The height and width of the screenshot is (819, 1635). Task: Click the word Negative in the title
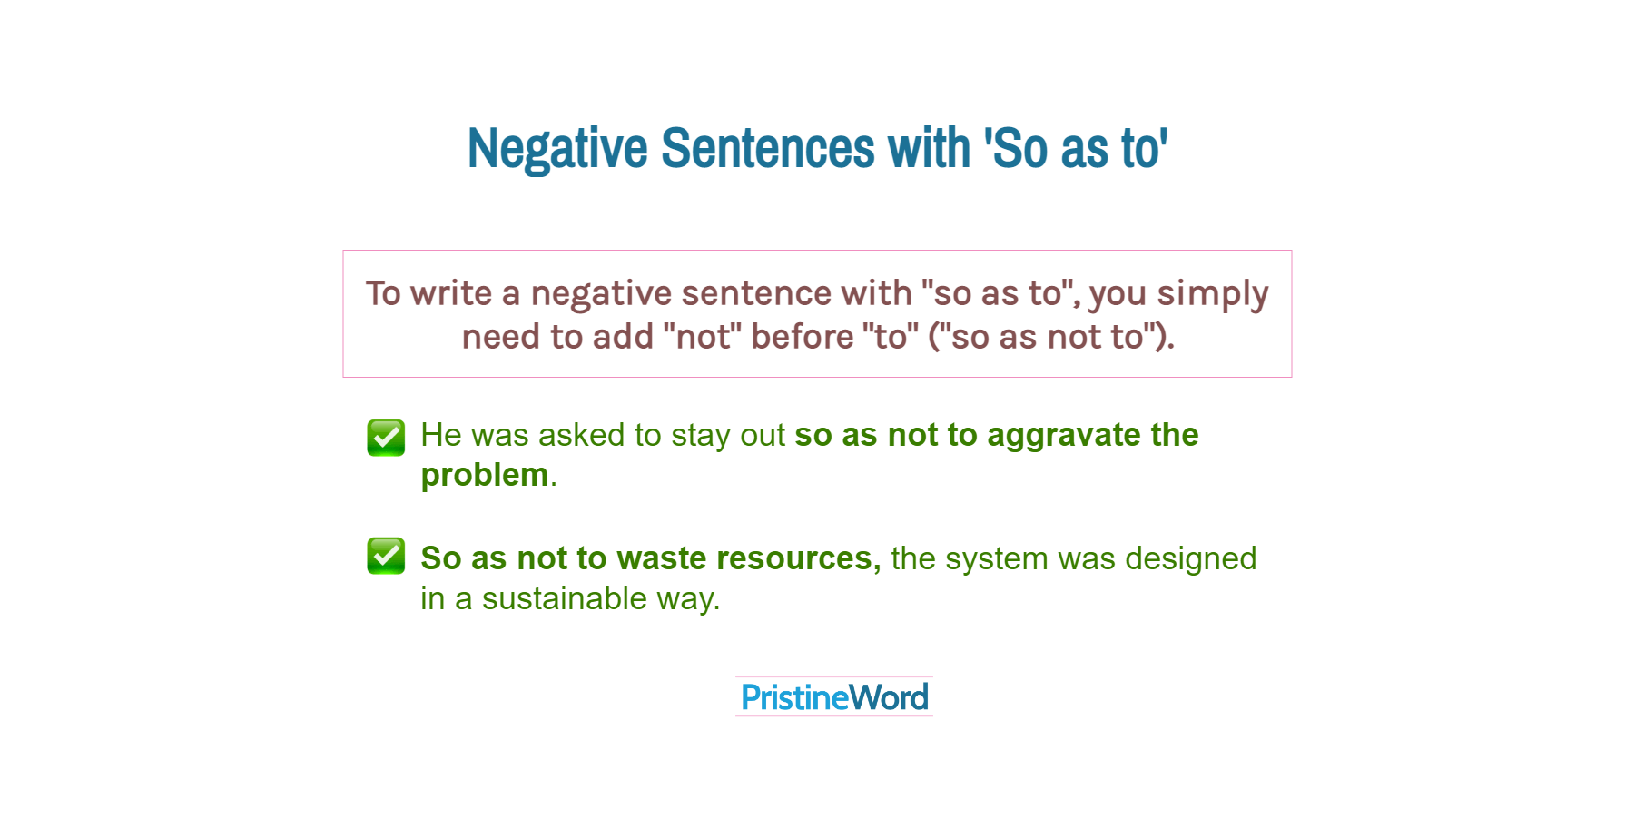(x=557, y=149)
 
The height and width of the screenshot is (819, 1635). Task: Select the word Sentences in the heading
(x=770, y=148)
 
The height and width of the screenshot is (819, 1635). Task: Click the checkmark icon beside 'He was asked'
(x=386, y=438)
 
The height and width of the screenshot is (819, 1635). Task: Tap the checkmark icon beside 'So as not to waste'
(x=386, y=556)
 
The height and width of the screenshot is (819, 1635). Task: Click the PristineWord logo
(x=834, y=696)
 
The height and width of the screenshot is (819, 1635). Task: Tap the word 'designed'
(x=1191, y=558)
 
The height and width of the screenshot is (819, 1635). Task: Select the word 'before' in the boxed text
(x=803, y=337)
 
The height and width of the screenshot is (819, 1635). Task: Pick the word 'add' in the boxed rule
(x=624, y=337)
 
